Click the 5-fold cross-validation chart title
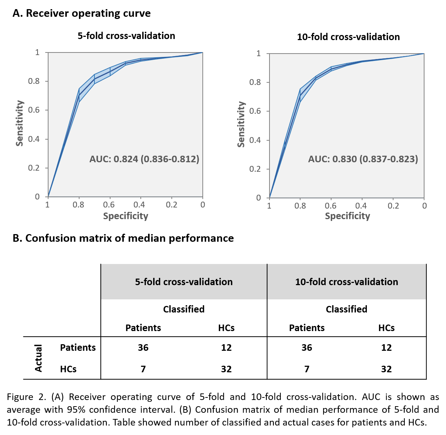[x=126, y=36]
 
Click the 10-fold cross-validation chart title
[x=348, y=37]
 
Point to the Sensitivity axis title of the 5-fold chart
[x=20, y=123]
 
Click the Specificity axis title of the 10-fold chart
[x=347, y=216]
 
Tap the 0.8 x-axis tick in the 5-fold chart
[x=78, y=205]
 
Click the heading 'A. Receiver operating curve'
[x=81, y=13]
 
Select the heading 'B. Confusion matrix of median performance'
[x=123, y=238]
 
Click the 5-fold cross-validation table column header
[x=184, y=282]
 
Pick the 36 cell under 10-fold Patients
[x=307, y=347]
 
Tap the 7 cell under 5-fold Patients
[x=143, y=369]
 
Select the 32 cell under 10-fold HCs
[x=386, y=369]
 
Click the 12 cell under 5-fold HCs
[x=226, y=347]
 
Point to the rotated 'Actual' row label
[x=38, y=358]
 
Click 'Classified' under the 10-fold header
[x=346, y=309]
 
